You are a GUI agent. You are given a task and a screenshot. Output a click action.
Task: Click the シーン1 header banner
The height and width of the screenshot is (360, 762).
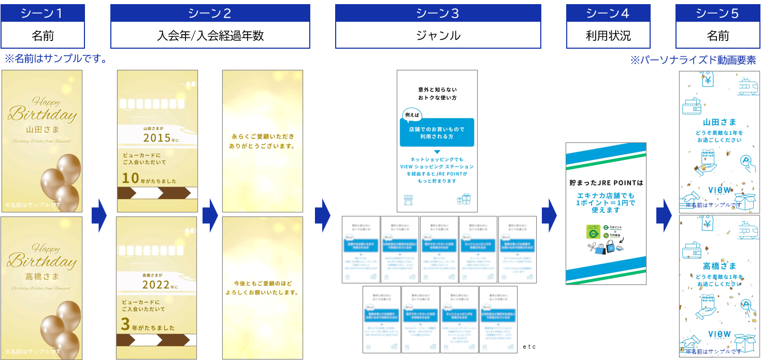[x=42, y=13]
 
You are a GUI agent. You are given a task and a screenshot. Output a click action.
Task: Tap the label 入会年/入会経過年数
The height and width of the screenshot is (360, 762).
[x=210, y=36]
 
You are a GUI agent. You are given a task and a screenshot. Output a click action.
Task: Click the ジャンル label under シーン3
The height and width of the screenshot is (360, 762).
[x=438, y=36]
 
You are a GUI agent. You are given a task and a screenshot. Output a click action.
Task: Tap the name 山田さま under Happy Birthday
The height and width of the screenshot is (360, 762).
[x=42, y=129]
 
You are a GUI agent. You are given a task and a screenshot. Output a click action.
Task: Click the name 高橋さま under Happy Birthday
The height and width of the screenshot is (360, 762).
[x=42, y=276]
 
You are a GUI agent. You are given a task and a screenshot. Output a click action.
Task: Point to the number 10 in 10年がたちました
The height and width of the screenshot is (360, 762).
[x=130, y=179]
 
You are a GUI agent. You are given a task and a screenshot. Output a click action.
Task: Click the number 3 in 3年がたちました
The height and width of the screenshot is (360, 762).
[x=125, y=325]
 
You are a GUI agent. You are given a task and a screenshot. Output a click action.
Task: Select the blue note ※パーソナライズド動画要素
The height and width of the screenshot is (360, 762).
[x=693, y=60]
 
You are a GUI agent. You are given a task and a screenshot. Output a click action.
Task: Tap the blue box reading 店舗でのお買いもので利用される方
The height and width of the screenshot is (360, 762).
[x=437, y=133]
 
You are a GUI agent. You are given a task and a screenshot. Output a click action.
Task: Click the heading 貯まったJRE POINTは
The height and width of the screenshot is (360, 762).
[x=606, y=183]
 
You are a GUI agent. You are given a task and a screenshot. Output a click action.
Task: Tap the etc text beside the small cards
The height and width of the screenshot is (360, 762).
[x=529, y=347]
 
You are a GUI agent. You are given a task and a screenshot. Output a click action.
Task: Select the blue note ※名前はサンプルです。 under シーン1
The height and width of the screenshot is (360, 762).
[x=55, y=59]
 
